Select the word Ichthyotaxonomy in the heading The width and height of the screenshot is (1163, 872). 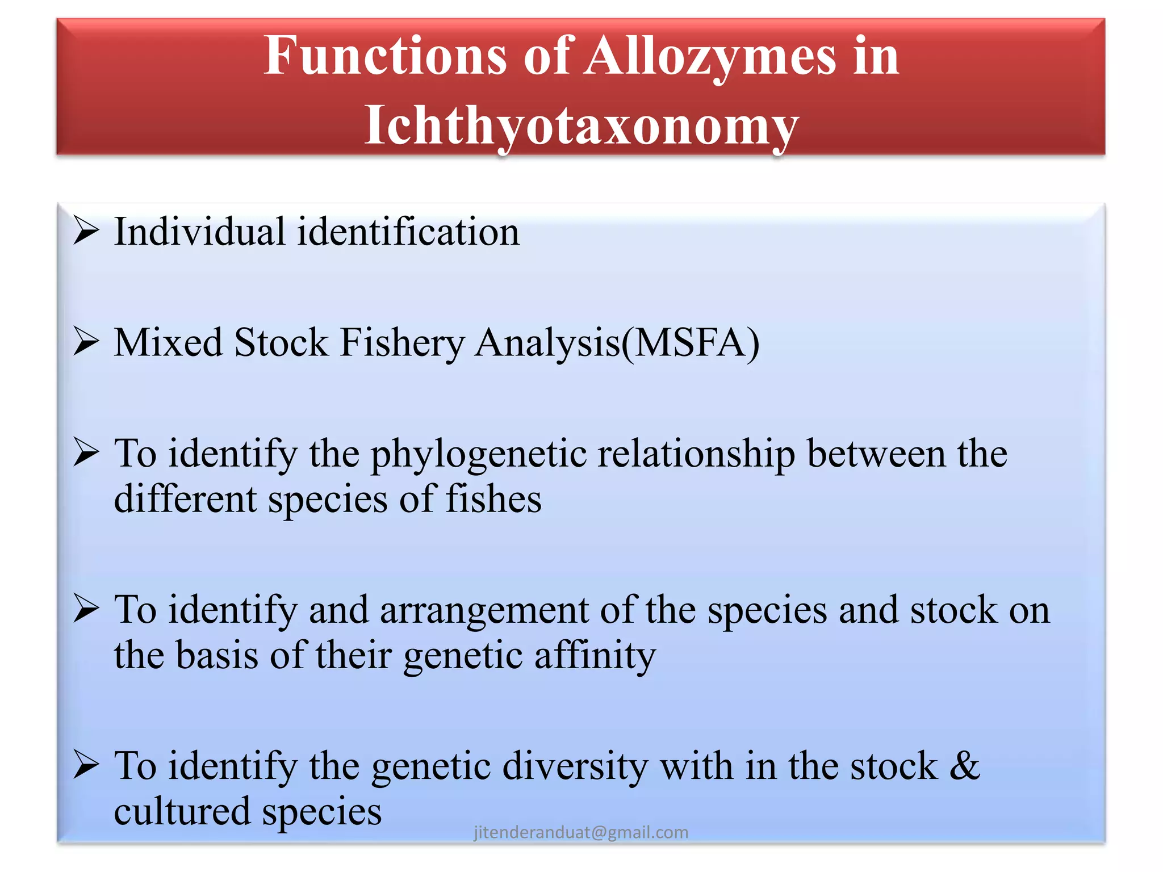[581, 125]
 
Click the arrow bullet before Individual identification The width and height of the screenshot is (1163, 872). [86, 231]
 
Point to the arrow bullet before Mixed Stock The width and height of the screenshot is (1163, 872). [86, 342]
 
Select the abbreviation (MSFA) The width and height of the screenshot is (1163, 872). [691, 343]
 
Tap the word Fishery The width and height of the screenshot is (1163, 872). [402, 343]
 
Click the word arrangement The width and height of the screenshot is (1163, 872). [484, 611]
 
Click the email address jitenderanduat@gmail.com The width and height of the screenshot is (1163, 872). [581, 832]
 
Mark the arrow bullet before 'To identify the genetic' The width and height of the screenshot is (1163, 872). [86, 765]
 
